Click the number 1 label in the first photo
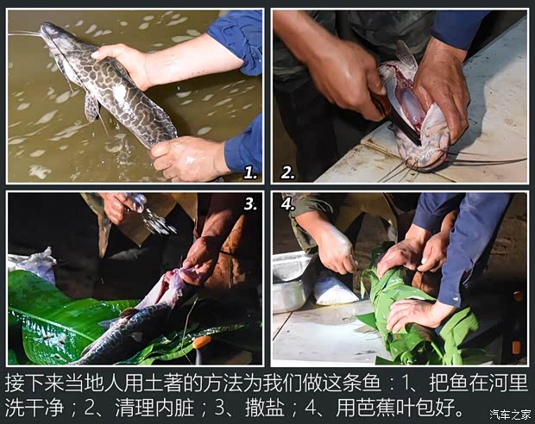point(250,172)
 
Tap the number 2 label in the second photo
point(287,172)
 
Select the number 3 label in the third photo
point(250,204)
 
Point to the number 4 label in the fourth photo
point(287,205)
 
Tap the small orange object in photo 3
point(202,342)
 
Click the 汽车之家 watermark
point(510,415)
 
